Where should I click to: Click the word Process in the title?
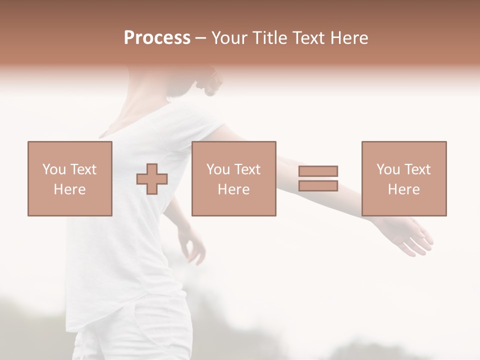(x=157, y=38)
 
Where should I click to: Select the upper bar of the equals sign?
(x=318, y=171)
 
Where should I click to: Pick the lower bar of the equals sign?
(x=318, y=185)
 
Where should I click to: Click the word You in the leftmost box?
(x=53, y=169)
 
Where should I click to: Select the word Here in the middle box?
(x=233, y=189)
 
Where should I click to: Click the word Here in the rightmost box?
(x=403, y=189)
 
